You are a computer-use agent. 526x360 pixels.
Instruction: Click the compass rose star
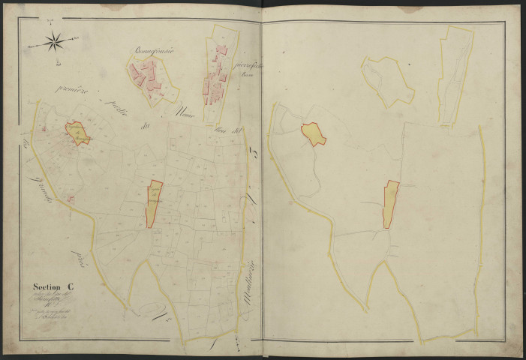pos(55,43)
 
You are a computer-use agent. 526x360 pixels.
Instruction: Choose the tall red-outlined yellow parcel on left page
pos(154,202)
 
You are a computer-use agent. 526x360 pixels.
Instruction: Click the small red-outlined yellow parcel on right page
pos(314,134)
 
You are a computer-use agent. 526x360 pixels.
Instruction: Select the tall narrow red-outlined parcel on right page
pos(391,203)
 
